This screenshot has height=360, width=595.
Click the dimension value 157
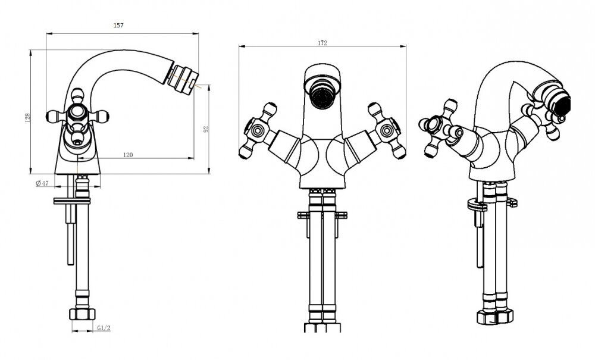click(118, 26)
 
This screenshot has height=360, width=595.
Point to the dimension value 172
click(322, 43)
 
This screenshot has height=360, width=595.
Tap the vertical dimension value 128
click(27, 118)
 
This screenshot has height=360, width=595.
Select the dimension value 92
click(206, 129)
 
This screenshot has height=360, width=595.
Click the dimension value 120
click(129, 155)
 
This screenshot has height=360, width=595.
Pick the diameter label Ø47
click(42, 183)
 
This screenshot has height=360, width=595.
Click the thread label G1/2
click(104, 328)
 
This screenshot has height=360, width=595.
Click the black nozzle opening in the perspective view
click(564, 105)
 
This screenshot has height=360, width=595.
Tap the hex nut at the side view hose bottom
click(82, 314)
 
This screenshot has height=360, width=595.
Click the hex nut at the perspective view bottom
click(495, 316)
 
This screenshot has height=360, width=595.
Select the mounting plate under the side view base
click(72, 201)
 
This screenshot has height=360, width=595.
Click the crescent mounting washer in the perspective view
click(477, 206)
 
